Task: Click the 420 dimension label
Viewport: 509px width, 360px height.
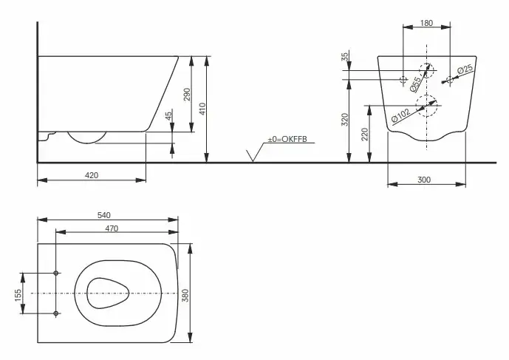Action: pyautogui.click(x=92, y=175)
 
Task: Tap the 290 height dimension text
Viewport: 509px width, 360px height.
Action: pyautogui.click(x=188, y=94)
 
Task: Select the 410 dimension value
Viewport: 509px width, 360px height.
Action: pyautogui.click(x=202, y=109)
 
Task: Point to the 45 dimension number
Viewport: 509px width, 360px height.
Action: pyautogui.click(x=168, y=116)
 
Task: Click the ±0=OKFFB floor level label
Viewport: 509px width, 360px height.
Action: pyautogui.click(x=287, y=139)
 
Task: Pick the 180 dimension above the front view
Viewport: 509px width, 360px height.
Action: pyautogui.click(x=426, y=23)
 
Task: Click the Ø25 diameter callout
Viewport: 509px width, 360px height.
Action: pyautogui.click(x=465, y=69)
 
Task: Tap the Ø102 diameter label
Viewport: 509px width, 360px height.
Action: pyautogui.click(x=400, y=115)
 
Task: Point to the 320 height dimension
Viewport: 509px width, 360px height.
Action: pyautogui.click(x=345, y=120)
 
